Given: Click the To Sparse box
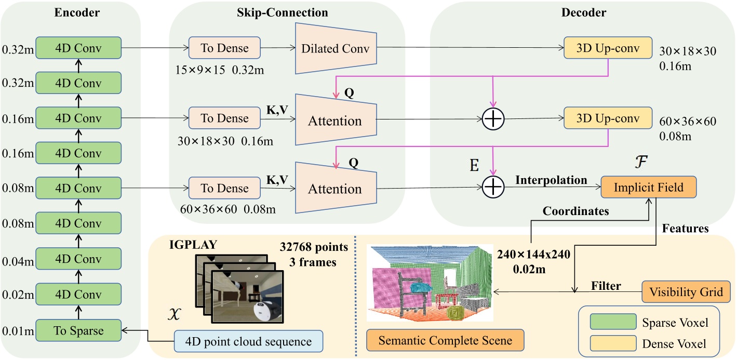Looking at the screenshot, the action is click(78, 330).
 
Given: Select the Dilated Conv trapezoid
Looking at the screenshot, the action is click(336, 48).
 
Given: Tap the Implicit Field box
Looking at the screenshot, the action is click(649, 187).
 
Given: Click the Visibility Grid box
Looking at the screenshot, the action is click(686, 291).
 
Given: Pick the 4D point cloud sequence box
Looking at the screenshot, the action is click(248, 341).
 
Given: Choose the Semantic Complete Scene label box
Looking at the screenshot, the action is click(445, 340).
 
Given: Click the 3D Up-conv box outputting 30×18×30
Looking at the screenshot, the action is click(608, 48).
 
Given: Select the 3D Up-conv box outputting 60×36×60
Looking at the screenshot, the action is click(608, 118).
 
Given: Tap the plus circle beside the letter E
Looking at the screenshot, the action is click(493, 187).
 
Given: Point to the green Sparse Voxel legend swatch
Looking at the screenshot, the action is click(613, 322).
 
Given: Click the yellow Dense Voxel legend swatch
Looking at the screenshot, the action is click(613, 343).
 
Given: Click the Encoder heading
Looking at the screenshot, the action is click(77, 12).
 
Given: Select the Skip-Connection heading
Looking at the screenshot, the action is click(283, 12).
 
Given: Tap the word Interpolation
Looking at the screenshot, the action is click(551, 180).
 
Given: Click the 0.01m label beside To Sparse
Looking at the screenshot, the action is click(18, 331).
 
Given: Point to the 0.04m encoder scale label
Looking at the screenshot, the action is click(18, 261).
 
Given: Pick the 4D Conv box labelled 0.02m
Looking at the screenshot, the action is click(78, 294).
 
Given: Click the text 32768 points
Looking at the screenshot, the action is click(314, 247).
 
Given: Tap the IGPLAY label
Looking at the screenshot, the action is click(193, 245).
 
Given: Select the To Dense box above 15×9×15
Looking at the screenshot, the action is click(224, 48).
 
